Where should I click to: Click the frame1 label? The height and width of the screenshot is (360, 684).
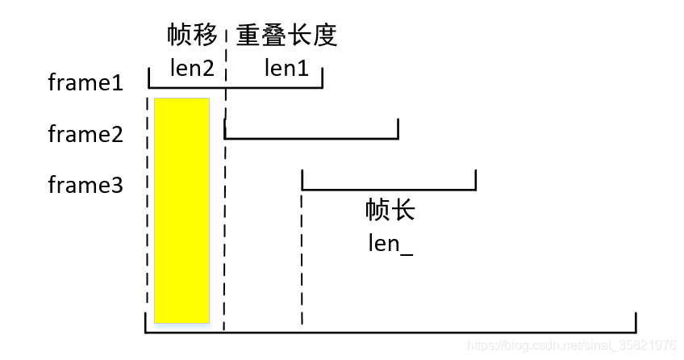pos(85,82)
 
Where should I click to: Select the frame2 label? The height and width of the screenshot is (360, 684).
pos(85,134)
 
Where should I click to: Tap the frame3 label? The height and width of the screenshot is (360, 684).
pos(85,186)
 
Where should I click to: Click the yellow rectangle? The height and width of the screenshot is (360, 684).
pos(181,210)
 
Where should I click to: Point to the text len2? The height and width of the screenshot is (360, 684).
pos(192,69)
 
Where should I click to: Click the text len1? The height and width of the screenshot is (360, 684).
pos(286,69)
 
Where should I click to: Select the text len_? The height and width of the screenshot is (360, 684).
pos(390,243)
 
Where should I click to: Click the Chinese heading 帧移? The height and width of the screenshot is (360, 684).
pos(192,36)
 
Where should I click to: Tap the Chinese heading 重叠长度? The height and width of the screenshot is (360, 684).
pos(286,36)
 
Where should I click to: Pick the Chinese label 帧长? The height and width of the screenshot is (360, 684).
pos(390,211)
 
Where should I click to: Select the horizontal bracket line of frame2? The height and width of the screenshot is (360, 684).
pos(311,138)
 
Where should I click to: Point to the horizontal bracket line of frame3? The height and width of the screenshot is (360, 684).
pos(389,190)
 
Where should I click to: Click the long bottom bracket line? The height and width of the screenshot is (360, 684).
pos(390,332)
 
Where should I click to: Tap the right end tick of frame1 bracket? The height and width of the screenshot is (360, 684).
pos(323,78)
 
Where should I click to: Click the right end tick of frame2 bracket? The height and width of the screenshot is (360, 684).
pos(398,129)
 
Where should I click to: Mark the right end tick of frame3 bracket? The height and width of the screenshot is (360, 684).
pos(476,181)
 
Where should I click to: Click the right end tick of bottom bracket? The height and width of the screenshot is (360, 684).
pos(636,323)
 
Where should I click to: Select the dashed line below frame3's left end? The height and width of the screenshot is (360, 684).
pos(302,258)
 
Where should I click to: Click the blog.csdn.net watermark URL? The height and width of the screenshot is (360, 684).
pos(572,345)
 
